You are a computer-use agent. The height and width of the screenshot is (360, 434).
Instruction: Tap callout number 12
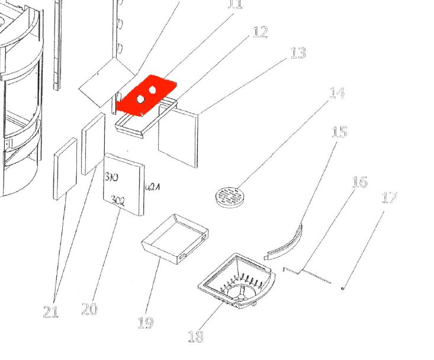pyautogui.click(x=260, y=32)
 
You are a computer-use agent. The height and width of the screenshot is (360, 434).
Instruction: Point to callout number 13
pyautogui.click(x=298, y=53)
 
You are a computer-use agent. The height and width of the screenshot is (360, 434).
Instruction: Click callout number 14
pyautogui.click(x=337, y=93)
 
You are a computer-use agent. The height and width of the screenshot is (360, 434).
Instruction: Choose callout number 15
pyautogui.click(x=339, y=131)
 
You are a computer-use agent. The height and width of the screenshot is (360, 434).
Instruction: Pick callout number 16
pyautogui.click(x=359, y=182)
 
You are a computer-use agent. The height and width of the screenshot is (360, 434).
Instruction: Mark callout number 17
pyautogui.click(x=389, y=197)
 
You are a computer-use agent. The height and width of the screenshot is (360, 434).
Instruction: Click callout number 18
pyautogui.click(x=195, y=336)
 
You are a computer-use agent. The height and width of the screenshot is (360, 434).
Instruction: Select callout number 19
pyautogui.click(x=146, y=323)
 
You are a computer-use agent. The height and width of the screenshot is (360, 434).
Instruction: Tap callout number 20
pyautogui.click(x=89, y=308)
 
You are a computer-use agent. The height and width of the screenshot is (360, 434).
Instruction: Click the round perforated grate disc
pyautogui.click(x=229, y=197)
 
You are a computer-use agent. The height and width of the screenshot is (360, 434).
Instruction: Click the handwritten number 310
pyautogui.click(x=111, y=177)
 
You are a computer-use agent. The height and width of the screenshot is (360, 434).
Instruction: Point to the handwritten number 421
pyautogui.click(x=153, y=188)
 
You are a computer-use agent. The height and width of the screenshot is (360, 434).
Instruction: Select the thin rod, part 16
pyautogui.click(x=308, y=274)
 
